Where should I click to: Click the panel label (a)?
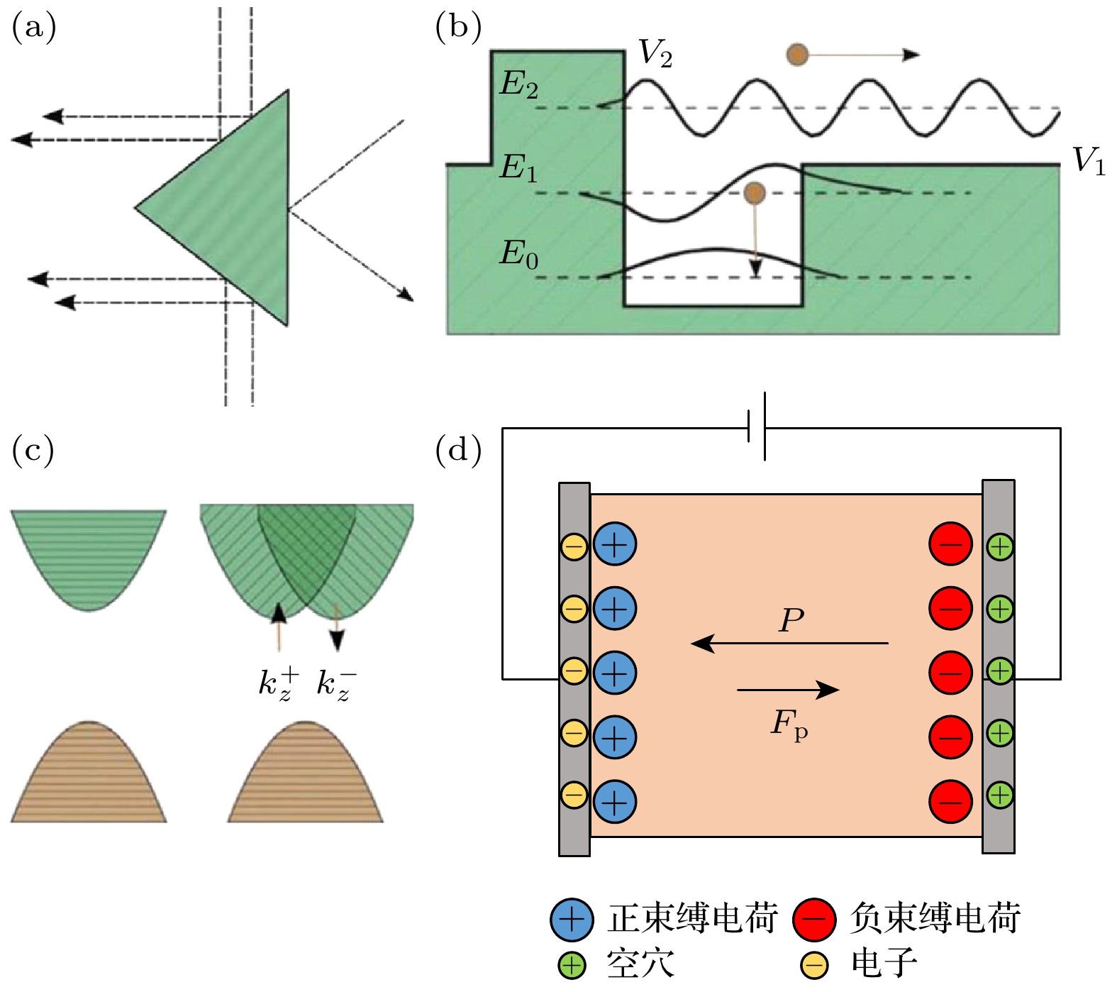[33, 28]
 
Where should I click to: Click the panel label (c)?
[33, 451]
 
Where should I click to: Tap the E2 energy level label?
[518, 85]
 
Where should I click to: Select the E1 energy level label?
[518, 168]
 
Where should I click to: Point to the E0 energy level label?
[518, 254]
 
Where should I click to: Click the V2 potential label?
[655, 53]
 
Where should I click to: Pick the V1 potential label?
[1088, 160]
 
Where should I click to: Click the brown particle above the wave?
[798, 55]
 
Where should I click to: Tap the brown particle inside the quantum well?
[755, 192]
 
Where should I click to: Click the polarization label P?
[791, 621]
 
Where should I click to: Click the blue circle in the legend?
[571, 919]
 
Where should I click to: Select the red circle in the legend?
[815, 919]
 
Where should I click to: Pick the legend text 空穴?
[640, 964]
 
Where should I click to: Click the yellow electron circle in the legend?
[814, 965]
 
